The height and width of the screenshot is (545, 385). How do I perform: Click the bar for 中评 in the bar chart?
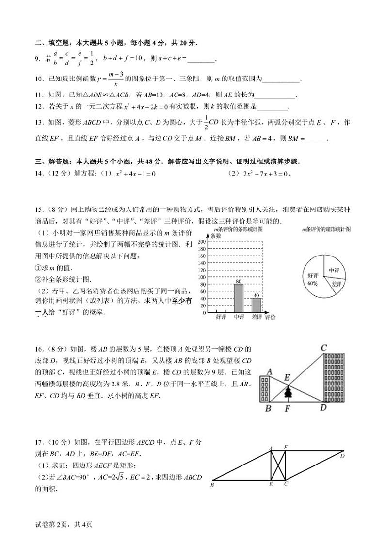[239, 298]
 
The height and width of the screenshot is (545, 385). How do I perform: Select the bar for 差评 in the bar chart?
[256, 305]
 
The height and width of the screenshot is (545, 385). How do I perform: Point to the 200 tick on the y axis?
[202, 241]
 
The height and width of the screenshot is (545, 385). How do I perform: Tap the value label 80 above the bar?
[239, 281]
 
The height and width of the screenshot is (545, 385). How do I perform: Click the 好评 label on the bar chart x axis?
[221, 317]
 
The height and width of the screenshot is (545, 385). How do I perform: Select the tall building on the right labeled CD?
[333, 377]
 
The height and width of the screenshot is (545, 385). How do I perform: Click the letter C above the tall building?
[324, 347]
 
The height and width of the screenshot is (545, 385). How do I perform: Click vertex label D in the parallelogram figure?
[342, 456]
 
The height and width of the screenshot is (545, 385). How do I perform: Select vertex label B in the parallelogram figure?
[213, 484]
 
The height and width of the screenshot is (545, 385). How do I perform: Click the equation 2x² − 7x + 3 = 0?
[266, 174]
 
